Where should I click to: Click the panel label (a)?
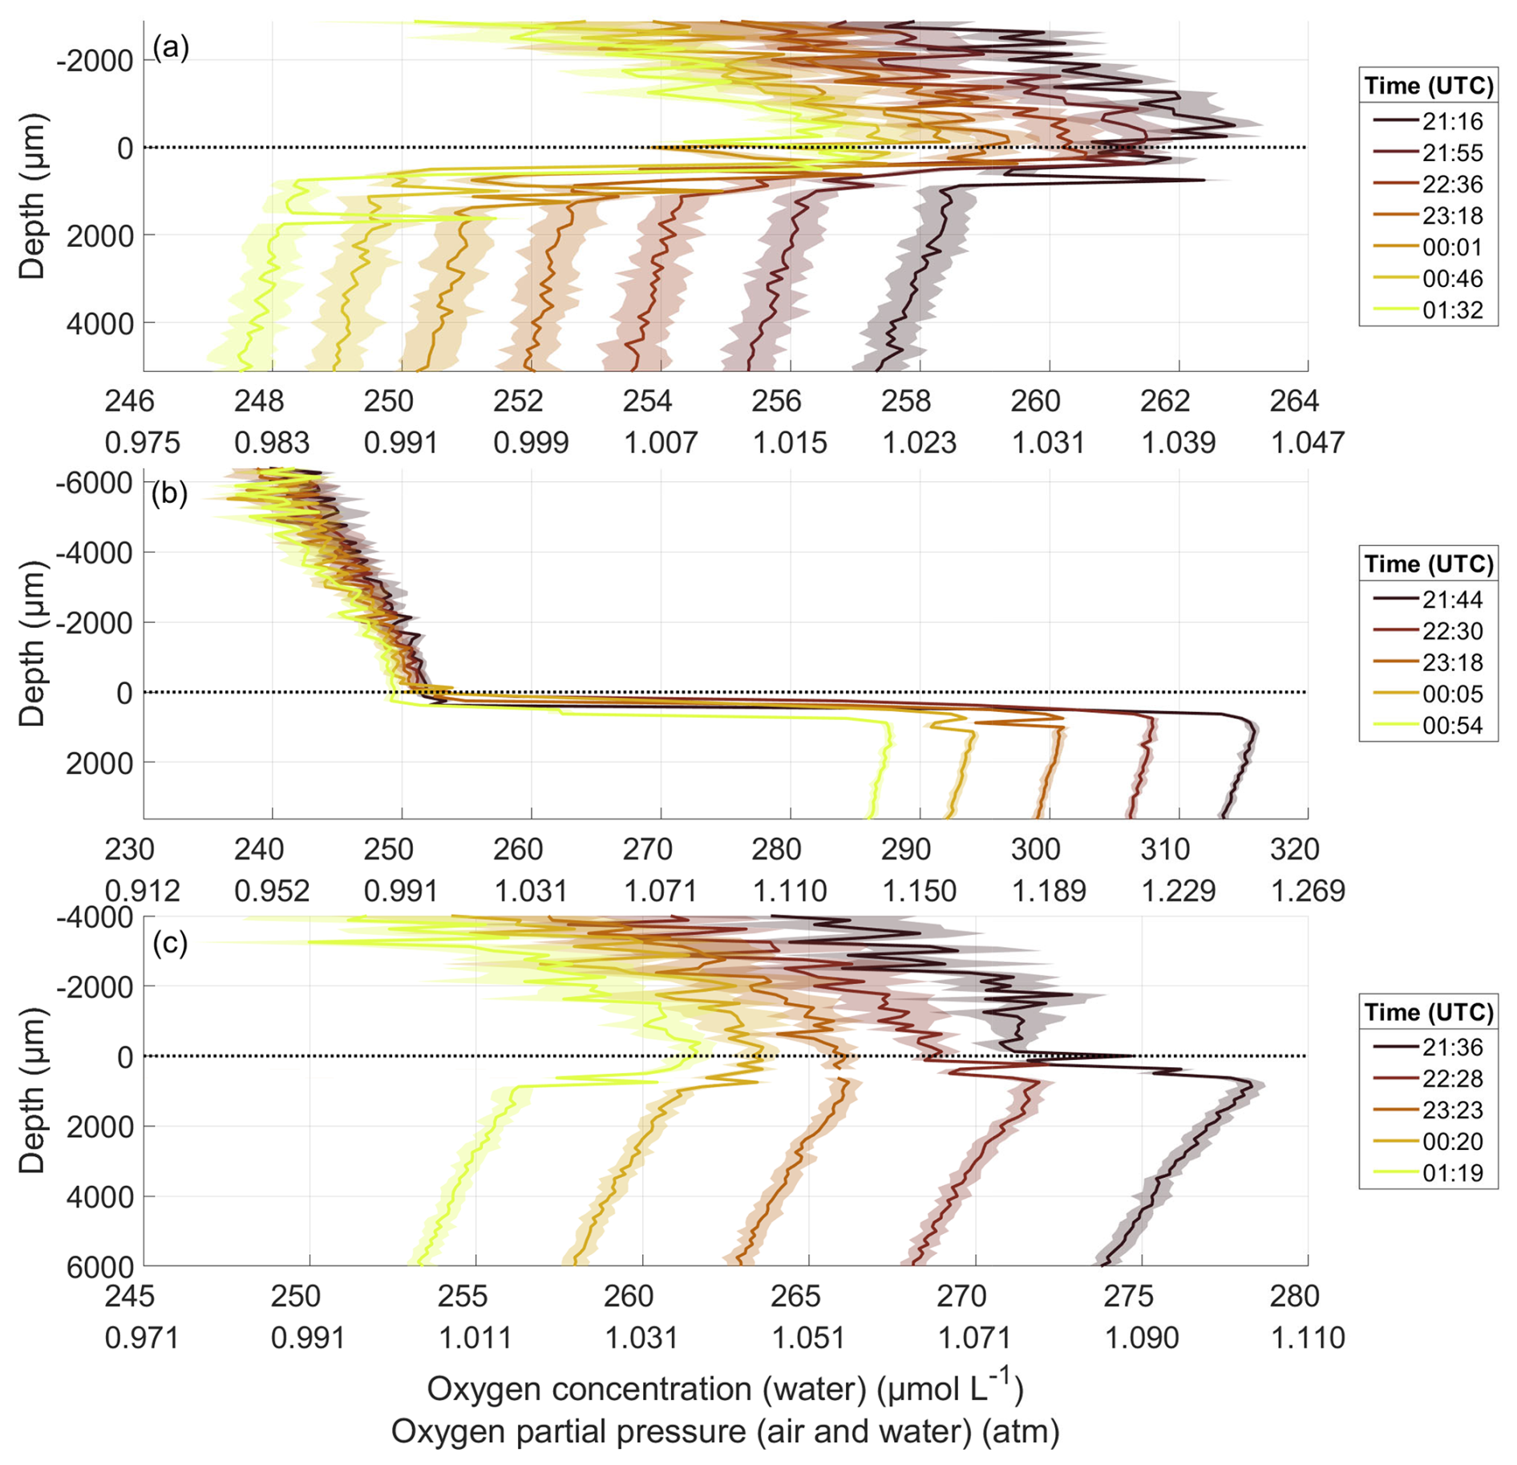tap(170, 50)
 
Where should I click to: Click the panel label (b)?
tap(170, 493)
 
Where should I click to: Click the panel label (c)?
tap(170, 943)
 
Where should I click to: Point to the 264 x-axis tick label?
tap(1294, 401)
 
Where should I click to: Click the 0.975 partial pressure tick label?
tap(143, 443)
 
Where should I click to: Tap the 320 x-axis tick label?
tap(1294, 849)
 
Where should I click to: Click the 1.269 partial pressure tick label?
tap(1308, 891)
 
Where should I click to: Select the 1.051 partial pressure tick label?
tap(808, 1338)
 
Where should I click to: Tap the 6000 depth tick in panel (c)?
tap(100, 1267)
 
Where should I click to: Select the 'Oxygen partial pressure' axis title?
tap(725, 1431)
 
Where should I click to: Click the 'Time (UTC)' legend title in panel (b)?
tap(1429, 564)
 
